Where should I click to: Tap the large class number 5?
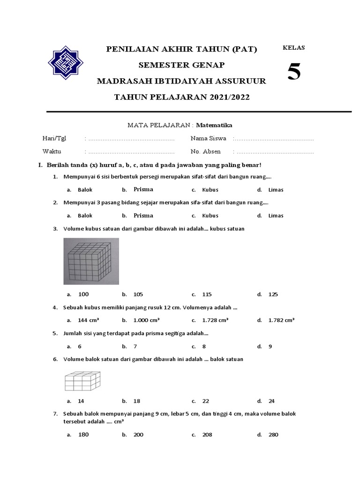pos(294,72)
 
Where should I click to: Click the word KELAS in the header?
pos(294,47)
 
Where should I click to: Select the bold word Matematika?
pos(214,125)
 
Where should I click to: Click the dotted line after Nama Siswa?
pos(273,139)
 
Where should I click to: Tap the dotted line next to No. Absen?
pos(273,152)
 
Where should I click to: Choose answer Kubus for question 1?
pos(210,190)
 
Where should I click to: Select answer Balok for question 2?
pos(85,216)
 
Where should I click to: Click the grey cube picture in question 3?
pos(91,261)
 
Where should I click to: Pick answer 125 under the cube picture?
pos(273,294)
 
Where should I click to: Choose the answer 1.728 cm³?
pos(215,320)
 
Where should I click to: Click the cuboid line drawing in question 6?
pos(82,381)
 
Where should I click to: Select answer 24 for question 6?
pos(271,401)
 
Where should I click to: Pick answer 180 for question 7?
pos(83,435)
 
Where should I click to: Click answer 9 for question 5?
pos(270,346)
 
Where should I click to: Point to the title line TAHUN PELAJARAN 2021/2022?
pos(182,97)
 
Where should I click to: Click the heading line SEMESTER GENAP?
pos(181,65)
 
